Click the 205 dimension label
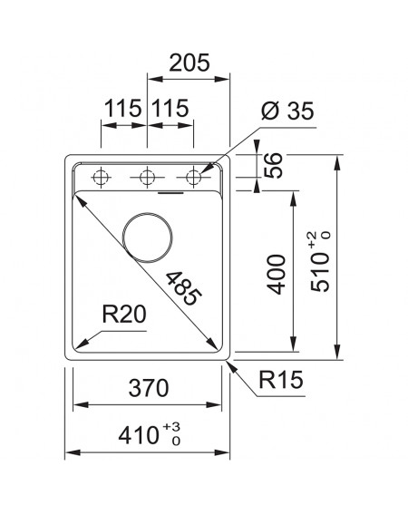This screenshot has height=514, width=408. [x=189, y=63]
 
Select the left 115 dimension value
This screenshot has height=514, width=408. [x=123, y=109]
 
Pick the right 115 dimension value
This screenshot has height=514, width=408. [x=170, y=109]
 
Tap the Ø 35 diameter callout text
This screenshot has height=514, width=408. [x=287, y=111]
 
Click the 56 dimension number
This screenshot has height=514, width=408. [x=273, y=166]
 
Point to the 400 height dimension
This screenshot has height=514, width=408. [x=277, y=275]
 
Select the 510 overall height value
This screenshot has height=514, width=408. [x=320, y=272]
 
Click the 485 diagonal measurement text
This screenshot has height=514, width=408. [x=183, y=288]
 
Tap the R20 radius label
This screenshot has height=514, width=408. [x=124, y=314]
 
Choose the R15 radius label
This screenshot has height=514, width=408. [x=281, y=380]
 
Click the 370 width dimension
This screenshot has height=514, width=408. [x=149, y=388]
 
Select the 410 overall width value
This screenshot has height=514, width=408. [x=139, y=436]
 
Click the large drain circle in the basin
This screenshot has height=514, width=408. [x=147, y=213]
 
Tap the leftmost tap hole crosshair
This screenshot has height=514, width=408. [x=101, y=178]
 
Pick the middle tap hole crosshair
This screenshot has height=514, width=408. [x=147, y=178]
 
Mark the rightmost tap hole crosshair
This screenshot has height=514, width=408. [x=193, y=178]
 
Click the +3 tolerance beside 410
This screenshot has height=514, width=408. [x=171, y=427]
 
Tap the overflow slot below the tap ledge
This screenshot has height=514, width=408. [x=170, y=193]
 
